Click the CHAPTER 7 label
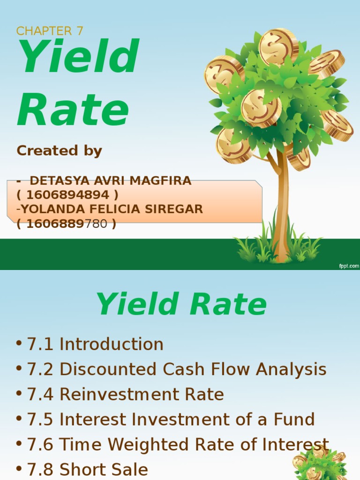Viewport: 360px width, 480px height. pos(50,31)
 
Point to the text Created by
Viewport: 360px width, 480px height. pos(59,150)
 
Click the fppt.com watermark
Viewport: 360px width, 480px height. pos(349,266)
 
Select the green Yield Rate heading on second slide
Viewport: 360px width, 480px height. pos(181,305)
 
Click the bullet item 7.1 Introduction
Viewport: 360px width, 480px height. pos(95,345)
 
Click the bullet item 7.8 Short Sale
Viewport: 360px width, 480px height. pos(87,469)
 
